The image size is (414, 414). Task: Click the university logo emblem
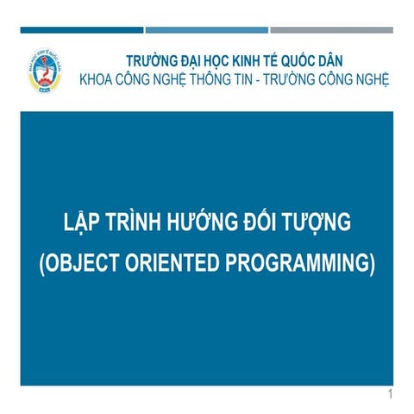(45, 71)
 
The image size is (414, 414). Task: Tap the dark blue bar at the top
(82, 30)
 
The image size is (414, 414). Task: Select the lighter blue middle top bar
(207, 30)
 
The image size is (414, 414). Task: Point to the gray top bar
(332, 30)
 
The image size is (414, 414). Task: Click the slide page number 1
(390, 394)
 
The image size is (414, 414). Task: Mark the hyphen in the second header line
(258, 81)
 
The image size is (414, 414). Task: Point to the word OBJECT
(79, 262)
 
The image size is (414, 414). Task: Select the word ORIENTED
(172, 262)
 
